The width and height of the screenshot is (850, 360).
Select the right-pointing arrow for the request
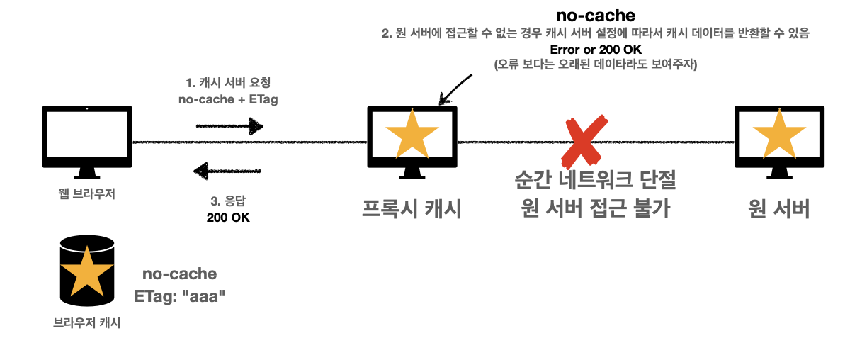point(229,127)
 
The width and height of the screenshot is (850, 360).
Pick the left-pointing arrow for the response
point(228,171)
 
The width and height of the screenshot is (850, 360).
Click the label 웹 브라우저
point(86,194)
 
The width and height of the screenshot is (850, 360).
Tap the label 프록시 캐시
point(412,209)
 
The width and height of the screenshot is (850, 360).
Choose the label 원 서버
point(778,209)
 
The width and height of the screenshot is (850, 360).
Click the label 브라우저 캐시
point(86,323)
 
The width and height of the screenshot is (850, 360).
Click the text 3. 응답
point(227,201)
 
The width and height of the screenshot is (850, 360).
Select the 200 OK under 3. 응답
point(228,217)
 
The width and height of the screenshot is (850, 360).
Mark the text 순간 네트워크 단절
point(595,181)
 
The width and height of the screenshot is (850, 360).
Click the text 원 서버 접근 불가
point(595,209)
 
